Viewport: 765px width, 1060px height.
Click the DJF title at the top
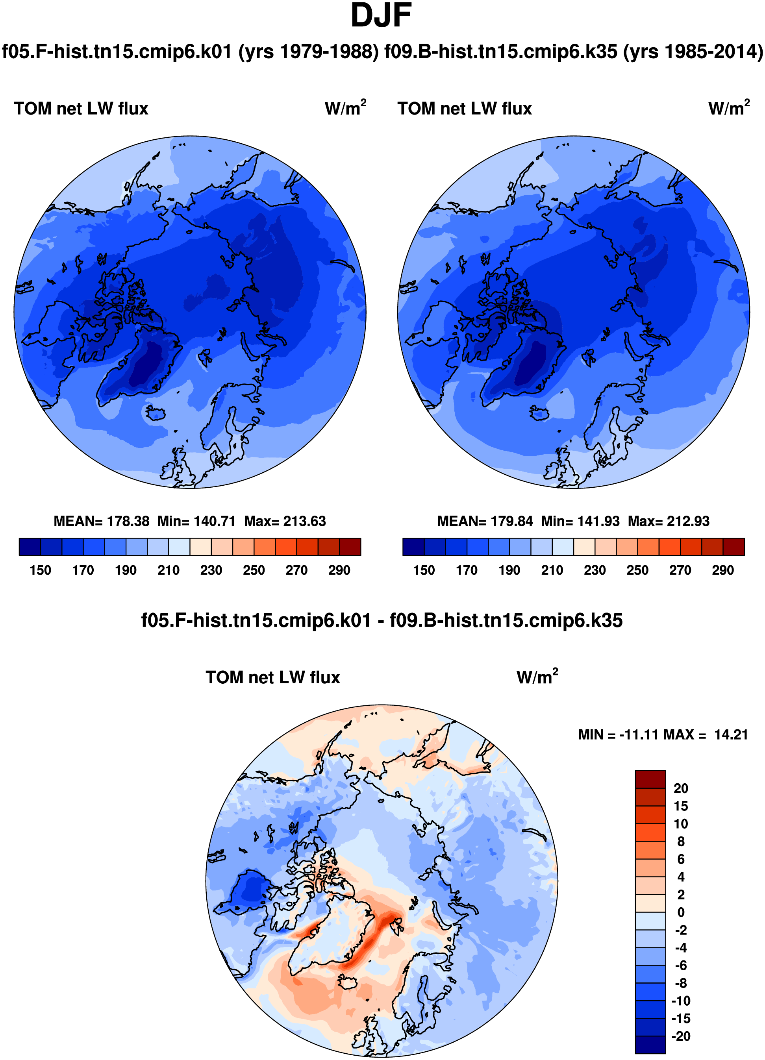381,15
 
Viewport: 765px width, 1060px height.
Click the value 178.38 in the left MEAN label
128,521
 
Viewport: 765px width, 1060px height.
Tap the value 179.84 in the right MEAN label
511,521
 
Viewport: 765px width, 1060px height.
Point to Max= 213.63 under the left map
285,521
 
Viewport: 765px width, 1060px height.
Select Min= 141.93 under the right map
580,521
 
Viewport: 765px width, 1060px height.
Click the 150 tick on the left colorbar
40,570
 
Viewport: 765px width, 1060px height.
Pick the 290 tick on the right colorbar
723,570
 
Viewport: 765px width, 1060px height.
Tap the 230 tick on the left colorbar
211,570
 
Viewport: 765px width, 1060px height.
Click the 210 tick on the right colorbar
552,570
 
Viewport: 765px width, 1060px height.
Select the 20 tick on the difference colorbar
681,788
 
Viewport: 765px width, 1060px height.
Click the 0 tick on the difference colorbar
681,912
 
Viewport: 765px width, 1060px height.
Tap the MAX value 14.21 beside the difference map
731,735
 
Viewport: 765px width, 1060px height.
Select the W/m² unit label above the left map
346,107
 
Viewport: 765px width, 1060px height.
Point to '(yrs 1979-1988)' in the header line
309,52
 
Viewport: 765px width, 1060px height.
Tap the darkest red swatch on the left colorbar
350,547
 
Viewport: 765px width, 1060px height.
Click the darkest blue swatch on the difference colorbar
650,1045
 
